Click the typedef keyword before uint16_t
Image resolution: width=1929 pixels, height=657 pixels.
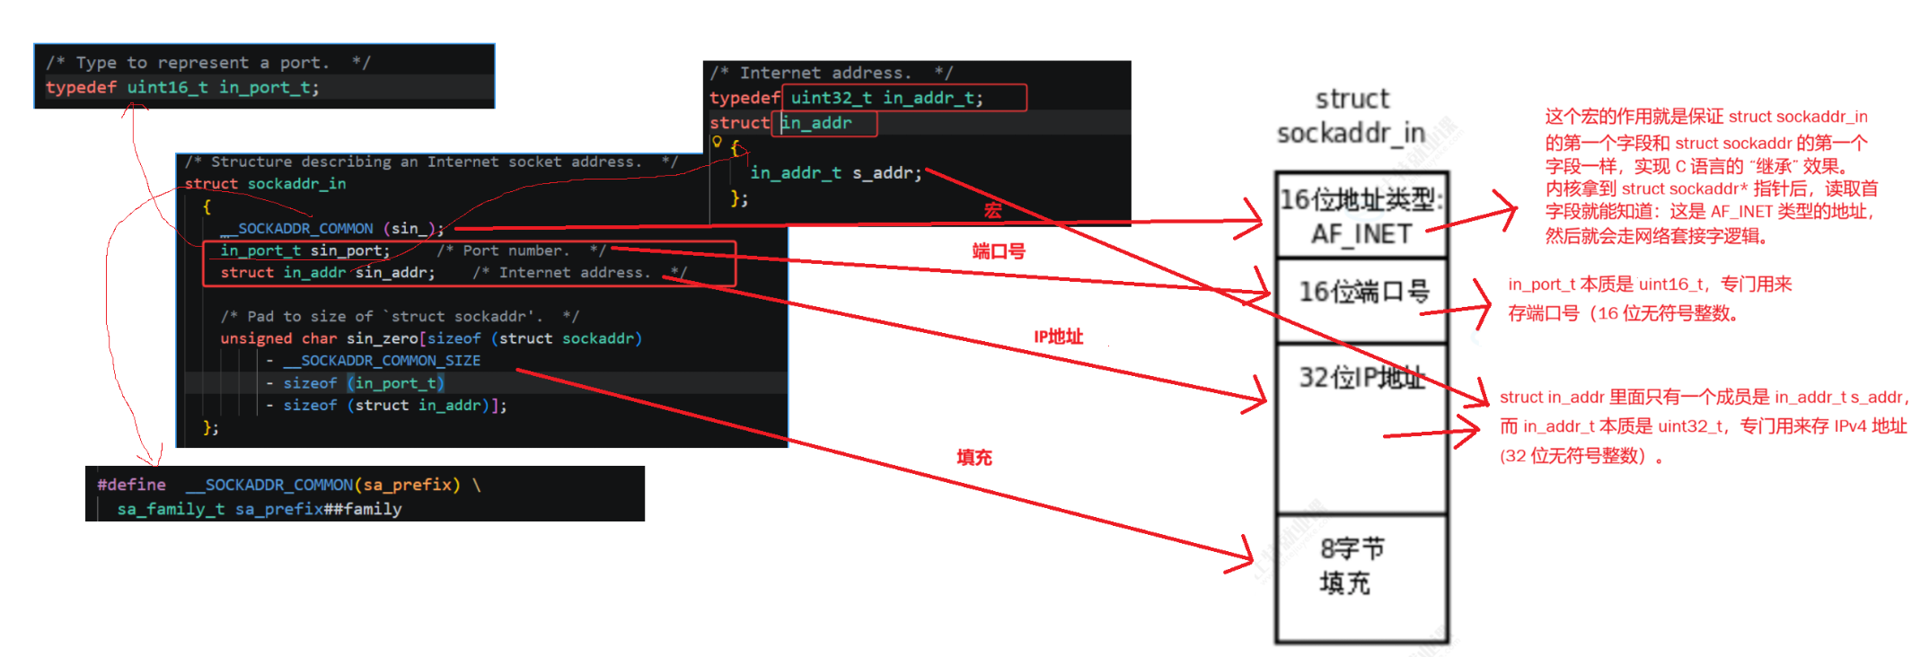point(81,87)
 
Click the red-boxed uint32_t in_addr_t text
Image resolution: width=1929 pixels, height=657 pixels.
point(886,98)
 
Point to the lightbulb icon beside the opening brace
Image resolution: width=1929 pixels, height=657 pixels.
point(717,142)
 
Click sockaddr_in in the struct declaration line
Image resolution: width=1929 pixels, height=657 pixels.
point(296,184)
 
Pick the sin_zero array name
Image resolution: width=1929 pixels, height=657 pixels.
point(382,338)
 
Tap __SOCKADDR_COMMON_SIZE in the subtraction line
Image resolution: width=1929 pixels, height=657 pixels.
point(382,361)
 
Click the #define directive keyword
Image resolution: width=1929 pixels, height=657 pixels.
point(131,485)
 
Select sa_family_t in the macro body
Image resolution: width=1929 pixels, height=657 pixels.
point(171,509)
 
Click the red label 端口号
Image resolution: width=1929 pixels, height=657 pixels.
point(998,251)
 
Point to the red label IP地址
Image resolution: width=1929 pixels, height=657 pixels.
point(1058,337)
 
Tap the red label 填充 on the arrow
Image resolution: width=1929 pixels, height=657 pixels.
point(973,458)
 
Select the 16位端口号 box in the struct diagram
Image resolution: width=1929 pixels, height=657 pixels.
point(1362,292)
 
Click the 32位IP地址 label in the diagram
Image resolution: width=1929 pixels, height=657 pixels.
point(1361,378)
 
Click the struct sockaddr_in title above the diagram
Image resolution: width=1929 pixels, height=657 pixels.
point(1352,116)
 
